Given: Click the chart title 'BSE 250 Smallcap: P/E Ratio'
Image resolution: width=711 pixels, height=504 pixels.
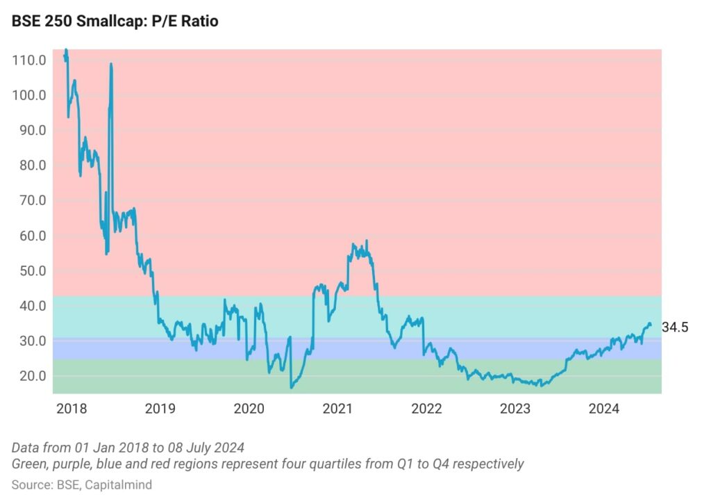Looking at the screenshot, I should coord(115,22).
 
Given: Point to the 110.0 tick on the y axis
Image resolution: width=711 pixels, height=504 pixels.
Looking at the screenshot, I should coord(29,60).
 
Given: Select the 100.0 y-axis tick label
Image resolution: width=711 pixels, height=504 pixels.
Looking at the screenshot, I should coord(29,95).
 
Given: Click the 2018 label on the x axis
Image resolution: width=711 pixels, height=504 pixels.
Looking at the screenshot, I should coord(71,409).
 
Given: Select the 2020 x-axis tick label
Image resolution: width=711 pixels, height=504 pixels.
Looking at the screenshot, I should coord(249,409).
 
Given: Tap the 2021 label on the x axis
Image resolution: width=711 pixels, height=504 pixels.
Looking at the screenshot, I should coord(337,409).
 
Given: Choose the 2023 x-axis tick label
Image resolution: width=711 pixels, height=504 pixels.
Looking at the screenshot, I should coord(515,409).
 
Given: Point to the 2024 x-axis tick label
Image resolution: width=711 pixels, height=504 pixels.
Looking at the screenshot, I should coord(604,409).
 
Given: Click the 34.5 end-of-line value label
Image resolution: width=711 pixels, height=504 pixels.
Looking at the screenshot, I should coord(675,327).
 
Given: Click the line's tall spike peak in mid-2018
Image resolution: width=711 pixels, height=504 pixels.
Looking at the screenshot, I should coord(111,64).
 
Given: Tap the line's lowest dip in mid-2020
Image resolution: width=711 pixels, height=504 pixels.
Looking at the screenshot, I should coord(291,387).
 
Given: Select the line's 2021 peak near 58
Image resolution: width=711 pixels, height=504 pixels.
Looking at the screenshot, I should coord(367,241).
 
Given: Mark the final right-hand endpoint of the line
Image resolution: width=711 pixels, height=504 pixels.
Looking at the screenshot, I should coord(651,325).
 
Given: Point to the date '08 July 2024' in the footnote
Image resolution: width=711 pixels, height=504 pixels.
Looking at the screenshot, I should coord(210,447).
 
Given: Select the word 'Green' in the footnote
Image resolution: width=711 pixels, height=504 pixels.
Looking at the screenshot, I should coord(28,464).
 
